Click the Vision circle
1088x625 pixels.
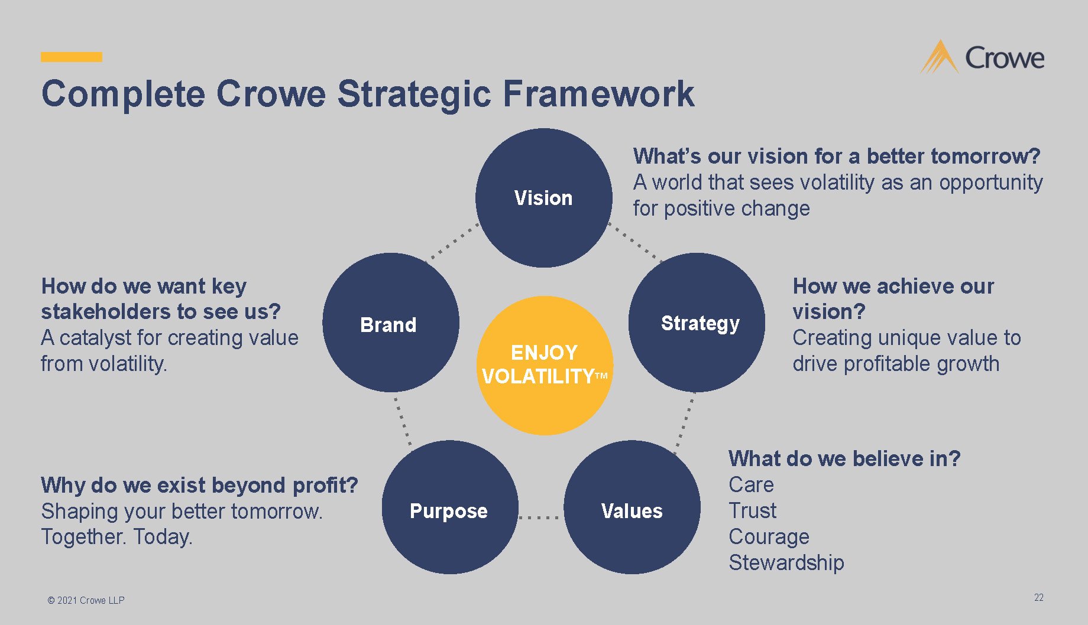coord(543,198)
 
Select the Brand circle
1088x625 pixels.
coord(390,323)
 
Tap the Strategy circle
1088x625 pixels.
coord(697,323)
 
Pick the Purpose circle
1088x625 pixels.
coord(449,508)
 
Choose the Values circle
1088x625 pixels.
coord(632,508)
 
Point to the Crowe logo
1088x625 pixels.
coord(982,57)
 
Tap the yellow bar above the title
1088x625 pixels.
coord(72,57)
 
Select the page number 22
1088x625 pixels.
coord(1038,598)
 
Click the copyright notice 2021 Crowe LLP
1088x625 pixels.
coord(86,600)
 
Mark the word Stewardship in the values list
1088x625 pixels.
coord(786,562)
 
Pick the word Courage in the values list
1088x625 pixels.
coord(769,536)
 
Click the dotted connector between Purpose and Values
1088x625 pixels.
coord(539,517)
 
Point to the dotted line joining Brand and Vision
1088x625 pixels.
coord(452,242)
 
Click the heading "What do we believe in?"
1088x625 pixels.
coord(844,458)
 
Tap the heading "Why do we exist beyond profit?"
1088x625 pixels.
coord(199,485)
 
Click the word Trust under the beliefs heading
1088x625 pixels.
coord(752,510)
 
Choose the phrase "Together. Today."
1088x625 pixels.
coord(116,536)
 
